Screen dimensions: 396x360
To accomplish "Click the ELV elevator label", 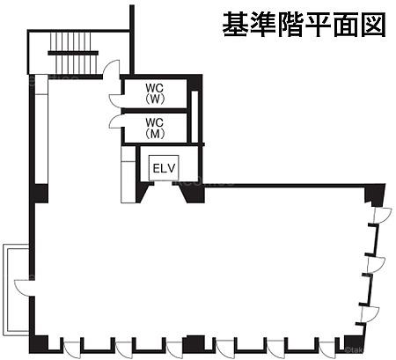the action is [x=164, y=168].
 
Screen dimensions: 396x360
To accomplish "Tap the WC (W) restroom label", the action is [x=155, y=93].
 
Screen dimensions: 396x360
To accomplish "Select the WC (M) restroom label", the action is [x=155, y=128].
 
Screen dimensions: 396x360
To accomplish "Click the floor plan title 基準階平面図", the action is [x=304, y=25].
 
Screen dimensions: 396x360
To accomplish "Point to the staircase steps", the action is [x=73, y=53].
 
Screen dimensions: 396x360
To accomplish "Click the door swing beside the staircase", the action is [x=111, y=69].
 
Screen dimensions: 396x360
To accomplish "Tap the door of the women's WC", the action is [x=115, y=100].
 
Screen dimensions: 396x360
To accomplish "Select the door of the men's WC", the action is [x=115, y=121].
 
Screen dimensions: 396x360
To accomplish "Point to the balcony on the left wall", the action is [x=16, y=289].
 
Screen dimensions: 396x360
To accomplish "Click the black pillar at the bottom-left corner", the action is [x=39, y=344].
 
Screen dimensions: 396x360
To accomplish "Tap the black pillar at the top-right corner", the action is [x=375, y=195].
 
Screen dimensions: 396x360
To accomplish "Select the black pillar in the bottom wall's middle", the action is [x=194, y=344].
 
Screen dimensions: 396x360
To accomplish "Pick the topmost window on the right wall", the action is [x=381, y=216].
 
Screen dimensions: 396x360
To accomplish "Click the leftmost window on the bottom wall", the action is [x=71, y=349].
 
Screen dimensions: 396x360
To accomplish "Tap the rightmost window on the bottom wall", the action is [x=326, y=349].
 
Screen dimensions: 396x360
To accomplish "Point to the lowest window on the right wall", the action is [x=370, y=314].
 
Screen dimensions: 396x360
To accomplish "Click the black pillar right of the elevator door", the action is [x=193, y=194].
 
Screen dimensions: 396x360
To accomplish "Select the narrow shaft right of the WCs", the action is [x=194, y=117].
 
